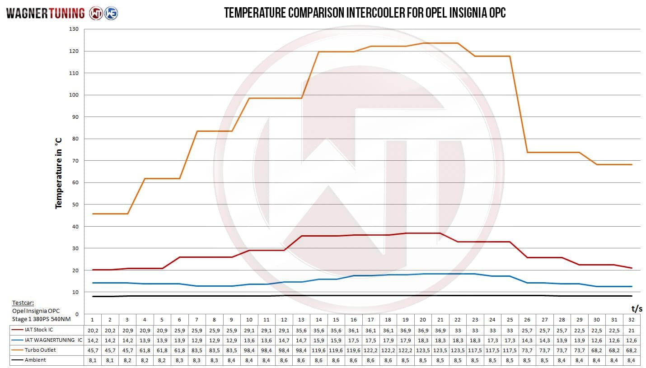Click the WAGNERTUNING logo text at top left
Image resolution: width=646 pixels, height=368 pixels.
(46, 13)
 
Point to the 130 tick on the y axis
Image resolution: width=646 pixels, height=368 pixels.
(74, 29)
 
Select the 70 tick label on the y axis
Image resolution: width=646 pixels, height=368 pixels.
(75, 161)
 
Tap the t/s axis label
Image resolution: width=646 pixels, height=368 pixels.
(637, 309)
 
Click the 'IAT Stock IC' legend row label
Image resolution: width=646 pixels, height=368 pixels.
(39, 330)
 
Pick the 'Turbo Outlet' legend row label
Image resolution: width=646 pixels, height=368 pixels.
(40, 350)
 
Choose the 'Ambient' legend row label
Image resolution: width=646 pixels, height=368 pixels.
(35, 360)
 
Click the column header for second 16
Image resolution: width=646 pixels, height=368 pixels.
(353, 320)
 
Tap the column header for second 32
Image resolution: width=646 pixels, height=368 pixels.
(632, 320)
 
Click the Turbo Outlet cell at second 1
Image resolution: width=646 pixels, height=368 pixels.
(92, 350)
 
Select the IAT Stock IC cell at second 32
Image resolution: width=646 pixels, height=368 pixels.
(632, 330)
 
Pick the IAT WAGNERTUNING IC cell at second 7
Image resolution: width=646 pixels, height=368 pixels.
(197, 340)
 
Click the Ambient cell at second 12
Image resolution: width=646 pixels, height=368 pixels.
(284, 360)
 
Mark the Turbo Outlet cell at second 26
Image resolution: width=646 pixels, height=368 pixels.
(527, 350)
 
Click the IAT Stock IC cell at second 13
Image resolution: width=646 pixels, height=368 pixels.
(301, 330)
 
